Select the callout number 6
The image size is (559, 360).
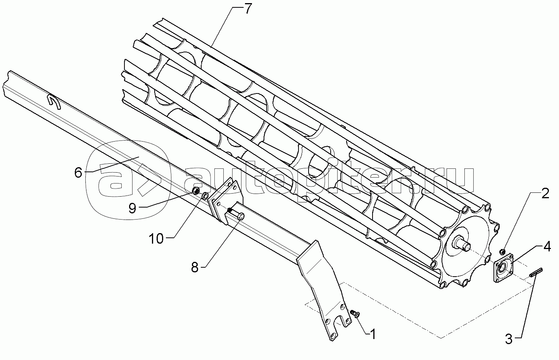(78, 172)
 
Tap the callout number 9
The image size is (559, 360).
(132, 208)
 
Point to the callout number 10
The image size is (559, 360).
(157, 239)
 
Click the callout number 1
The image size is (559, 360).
(373, 334)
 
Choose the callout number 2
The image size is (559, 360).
(545, 194)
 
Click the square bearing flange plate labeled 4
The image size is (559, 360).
(503, 268)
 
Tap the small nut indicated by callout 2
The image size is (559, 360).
(502, 251)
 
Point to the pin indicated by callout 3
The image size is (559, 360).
(536, 273)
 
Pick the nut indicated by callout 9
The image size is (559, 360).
(197, 190)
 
